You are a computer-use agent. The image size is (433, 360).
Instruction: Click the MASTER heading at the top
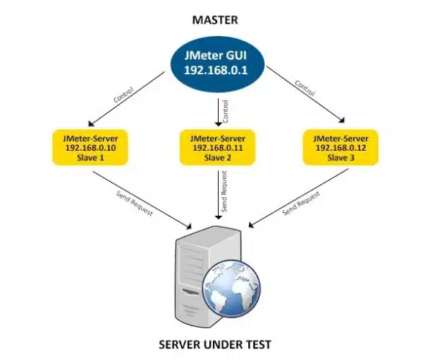(x=215, y=19)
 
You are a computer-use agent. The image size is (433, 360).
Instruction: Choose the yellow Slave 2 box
(x=216, y=147)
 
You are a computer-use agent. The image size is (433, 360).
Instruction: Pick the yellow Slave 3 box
(x=340, y=147)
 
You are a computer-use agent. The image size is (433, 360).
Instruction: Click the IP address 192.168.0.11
(x=216, y=147)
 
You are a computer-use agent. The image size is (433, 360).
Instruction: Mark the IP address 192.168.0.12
(x=340, y=147)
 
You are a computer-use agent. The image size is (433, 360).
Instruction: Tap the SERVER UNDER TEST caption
(x=215, y=345)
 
